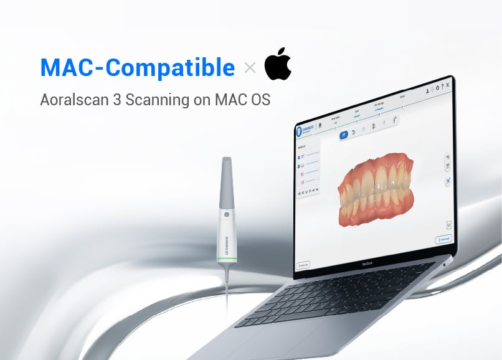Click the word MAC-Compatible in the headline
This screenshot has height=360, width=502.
[138, 67]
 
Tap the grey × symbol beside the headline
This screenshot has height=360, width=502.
[250, 68]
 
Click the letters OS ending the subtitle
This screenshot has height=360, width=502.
[262, 100]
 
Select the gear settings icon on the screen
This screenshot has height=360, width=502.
[435, 88]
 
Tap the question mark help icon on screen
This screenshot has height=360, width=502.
[442, 87]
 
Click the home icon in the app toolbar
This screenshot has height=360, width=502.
[320, 125]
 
